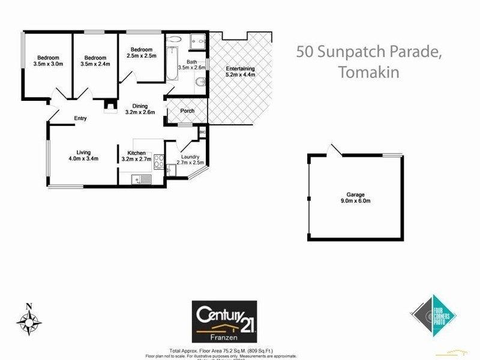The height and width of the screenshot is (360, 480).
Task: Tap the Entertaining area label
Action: pos(241,68)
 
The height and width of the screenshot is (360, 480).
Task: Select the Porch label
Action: pos(187,111)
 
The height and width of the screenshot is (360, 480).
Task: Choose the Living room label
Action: pos(83,152)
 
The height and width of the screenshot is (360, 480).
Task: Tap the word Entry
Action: pos(80,118)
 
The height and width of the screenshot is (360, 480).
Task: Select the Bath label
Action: pos(192,62)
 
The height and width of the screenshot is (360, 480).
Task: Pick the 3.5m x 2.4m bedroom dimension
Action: pos(95,64)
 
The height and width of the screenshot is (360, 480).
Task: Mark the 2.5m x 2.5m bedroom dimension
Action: pos(142,56)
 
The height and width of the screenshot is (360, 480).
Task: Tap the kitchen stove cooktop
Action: pos(159,161)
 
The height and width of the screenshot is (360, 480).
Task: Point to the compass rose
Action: pos(28,319)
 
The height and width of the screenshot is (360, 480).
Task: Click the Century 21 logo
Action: pos(224,320)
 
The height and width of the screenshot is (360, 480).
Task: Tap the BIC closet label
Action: pos(202,131)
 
